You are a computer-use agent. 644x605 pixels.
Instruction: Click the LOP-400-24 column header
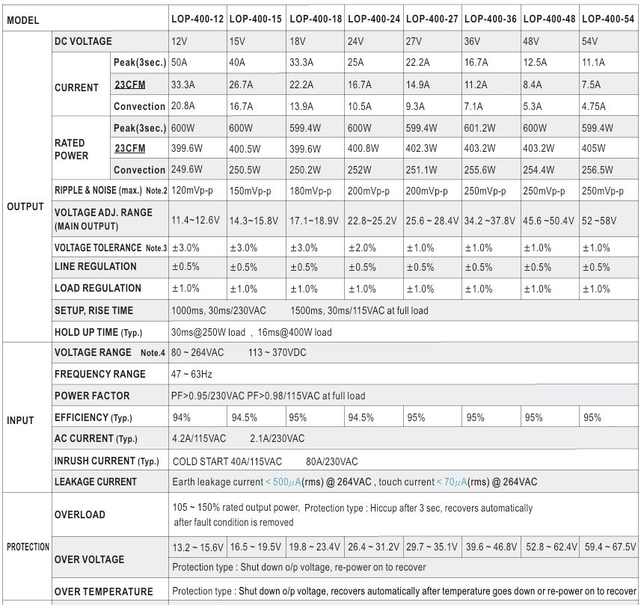[x=374, y=19]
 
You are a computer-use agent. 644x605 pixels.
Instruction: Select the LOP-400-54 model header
[x=608, y=19]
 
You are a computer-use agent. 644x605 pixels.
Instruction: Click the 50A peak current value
[x=179, y=62]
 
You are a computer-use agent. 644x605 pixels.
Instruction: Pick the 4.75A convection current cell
[x=593, y=106]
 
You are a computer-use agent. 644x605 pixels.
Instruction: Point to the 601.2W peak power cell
[x=479, y=128]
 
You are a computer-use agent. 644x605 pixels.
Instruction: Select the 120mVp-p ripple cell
[x=191, y=191]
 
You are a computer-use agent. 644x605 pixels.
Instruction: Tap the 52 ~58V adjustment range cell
[x=599, y=221]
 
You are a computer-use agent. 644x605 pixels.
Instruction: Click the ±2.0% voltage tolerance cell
[x=362, y=248]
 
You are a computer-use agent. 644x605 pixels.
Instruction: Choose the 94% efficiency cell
[x=182, y=418]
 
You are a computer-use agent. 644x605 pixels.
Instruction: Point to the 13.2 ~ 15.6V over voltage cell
[x=197, y=547]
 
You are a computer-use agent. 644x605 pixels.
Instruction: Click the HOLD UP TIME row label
[x=98, y=332]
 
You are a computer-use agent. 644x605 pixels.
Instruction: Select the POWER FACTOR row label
[x=92, y=396]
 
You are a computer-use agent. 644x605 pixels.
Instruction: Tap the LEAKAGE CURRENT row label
[x=96, y=482]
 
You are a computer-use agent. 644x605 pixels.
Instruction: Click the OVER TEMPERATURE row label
[x=103, y=592]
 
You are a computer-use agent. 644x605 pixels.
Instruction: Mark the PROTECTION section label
[x=28, y=547]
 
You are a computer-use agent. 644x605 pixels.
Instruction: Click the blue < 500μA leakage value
[x=283, y=482]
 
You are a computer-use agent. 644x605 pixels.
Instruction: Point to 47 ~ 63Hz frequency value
[x=191, y=374]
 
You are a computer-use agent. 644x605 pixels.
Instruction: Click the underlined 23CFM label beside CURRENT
[x=130, y=85]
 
